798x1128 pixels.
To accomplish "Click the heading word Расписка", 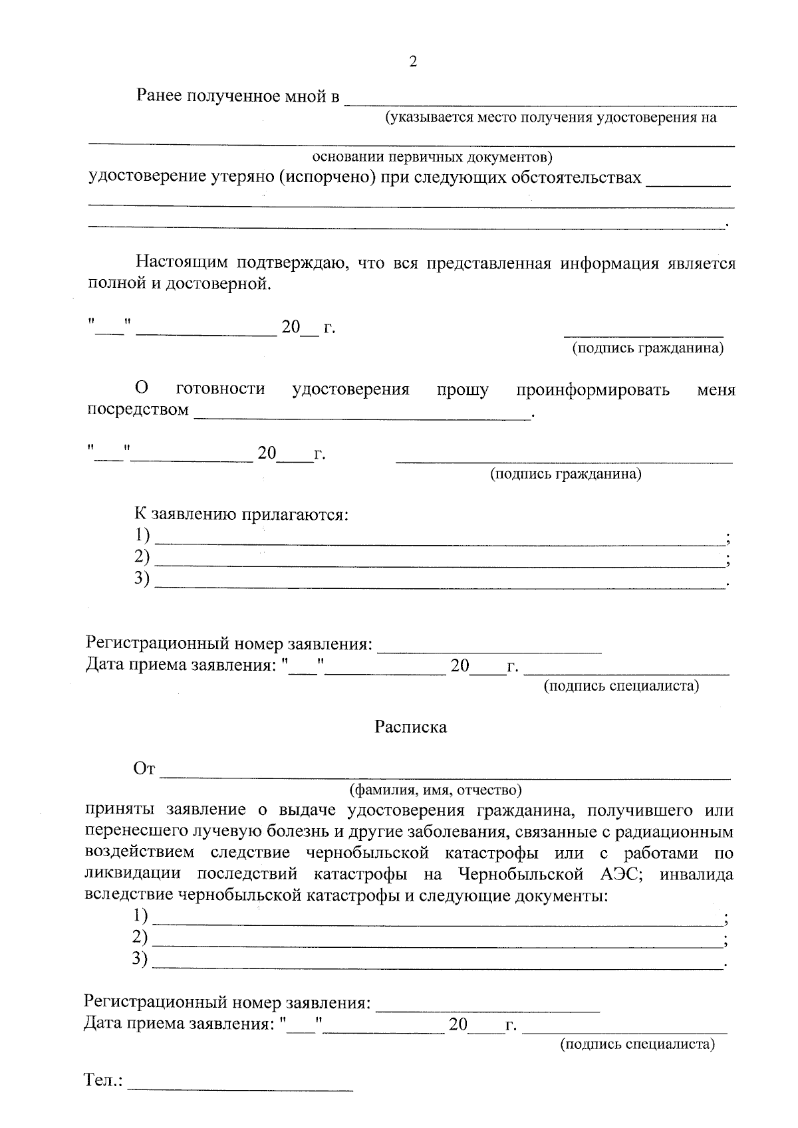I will click(x=410, y=727).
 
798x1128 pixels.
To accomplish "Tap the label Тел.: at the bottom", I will click(x=104, y=1079).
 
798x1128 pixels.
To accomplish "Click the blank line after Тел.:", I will click(x=241, y=1089).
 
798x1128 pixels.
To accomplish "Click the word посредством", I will click(x=138, y=410).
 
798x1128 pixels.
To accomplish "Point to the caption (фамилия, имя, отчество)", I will click(x=436, y=790).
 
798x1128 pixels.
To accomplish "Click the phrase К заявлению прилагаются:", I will click(x=242, y=514).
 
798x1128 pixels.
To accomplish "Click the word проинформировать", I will click(x=593, y=389).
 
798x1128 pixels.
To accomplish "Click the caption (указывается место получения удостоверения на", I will click(x=551, y=118).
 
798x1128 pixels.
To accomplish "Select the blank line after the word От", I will click(x=446, y=776).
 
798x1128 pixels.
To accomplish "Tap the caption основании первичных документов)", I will click(x=432, y=158).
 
